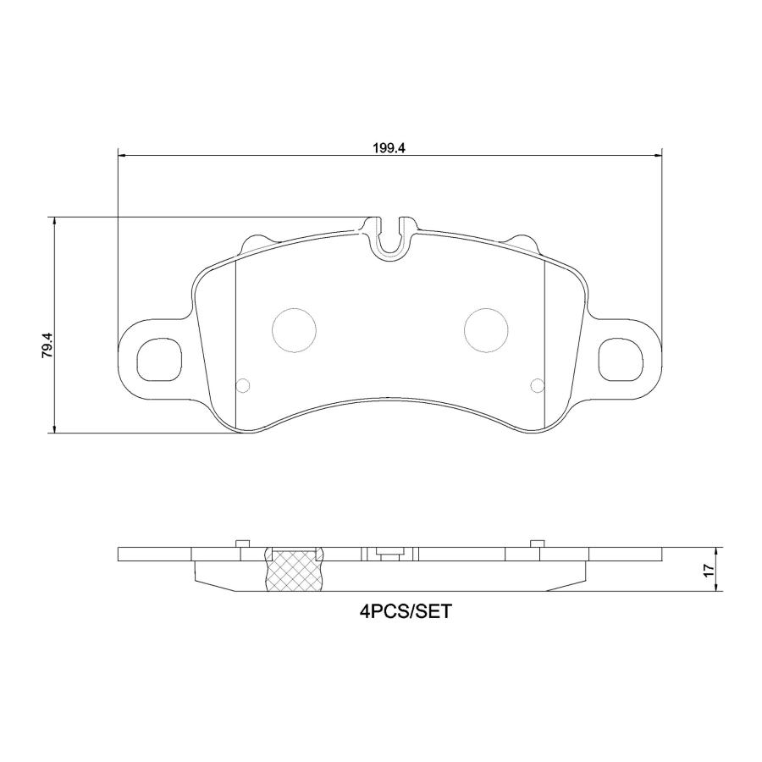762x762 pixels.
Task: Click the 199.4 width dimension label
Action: point(389,146)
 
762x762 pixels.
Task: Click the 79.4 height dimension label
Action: point(47,347)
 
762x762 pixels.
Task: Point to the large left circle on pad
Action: point(293,329)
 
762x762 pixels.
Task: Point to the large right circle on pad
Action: point(487,329)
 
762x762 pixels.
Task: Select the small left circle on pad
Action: point(243,386)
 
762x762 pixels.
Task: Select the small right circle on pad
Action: point(536,386)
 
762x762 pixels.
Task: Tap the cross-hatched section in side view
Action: point(296,571)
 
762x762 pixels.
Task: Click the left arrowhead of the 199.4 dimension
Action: point(121,156)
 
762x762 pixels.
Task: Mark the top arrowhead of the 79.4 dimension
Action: point(55,222)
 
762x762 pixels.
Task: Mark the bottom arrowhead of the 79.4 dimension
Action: point(55,429)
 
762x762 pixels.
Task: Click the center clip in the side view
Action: point(389,555)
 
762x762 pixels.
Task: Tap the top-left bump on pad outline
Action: point(256,241)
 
